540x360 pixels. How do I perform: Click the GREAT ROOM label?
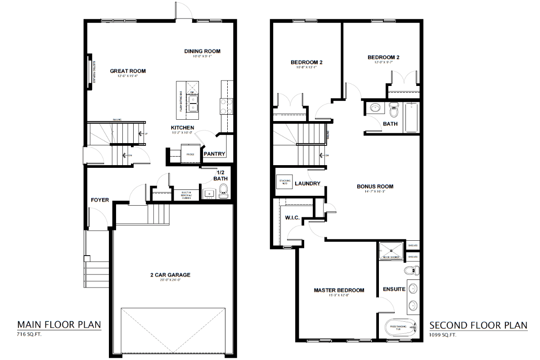[x=128, y=71]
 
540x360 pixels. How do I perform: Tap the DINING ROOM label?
[x=202, y=51]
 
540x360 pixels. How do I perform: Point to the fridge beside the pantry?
[x=189, y=153]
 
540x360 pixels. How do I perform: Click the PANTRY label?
[x=214, y=154]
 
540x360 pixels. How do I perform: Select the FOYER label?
[x=100, y=200]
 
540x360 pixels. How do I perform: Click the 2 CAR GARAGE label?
[x=170, y=274]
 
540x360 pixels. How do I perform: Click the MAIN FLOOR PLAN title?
[x=59, y=324]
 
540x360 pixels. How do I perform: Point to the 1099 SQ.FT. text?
[x=443, y=335]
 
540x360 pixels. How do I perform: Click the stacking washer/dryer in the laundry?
[x=284, y=182]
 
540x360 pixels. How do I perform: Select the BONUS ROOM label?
[x=375, y=186]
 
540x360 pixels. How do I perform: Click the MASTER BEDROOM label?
[x=339, y=290]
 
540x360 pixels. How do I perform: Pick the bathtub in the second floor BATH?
[x=411, y=117]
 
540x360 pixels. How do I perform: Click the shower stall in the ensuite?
[x=391, y=251]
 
